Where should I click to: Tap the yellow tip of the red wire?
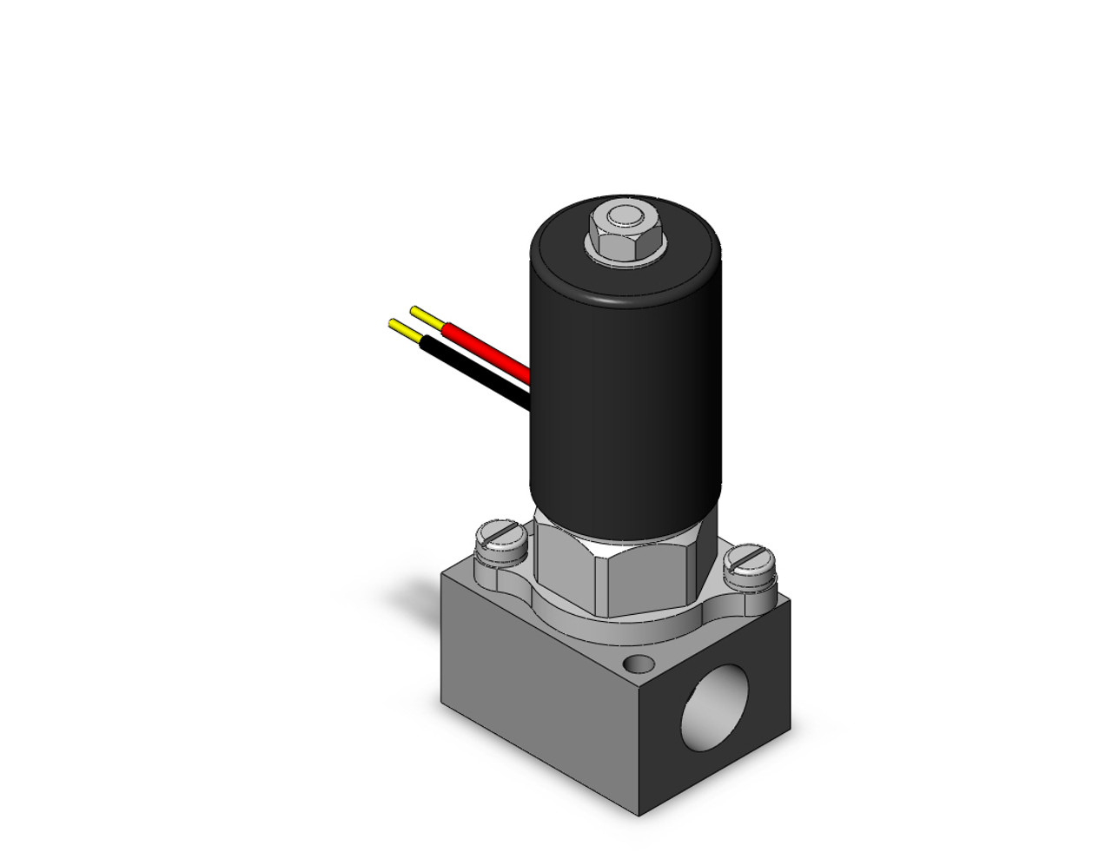point(425,314)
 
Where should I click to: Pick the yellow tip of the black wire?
point(403,328)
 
